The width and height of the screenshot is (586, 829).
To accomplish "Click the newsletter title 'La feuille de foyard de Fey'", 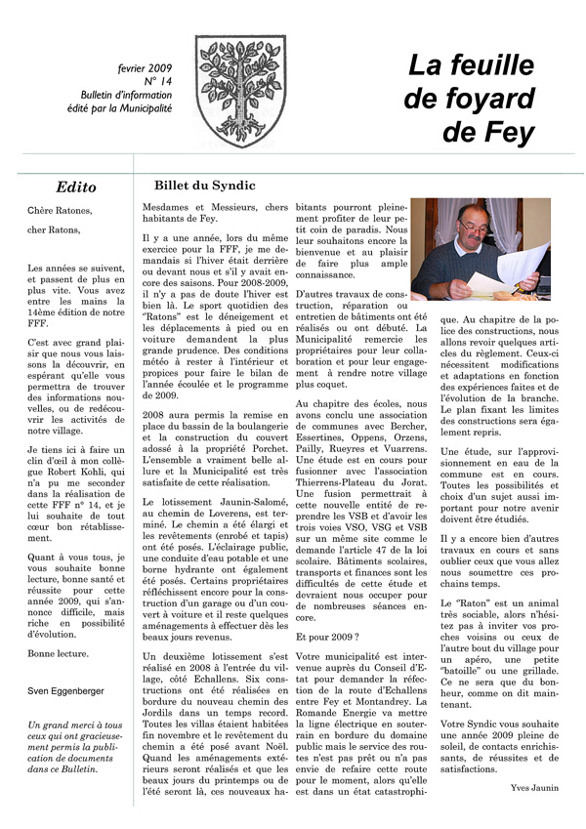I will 471,98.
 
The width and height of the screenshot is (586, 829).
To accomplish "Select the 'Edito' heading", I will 76,187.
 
